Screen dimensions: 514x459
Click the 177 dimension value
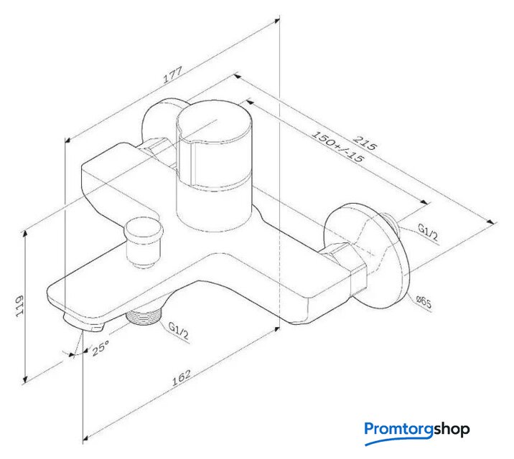[x=172, y=75]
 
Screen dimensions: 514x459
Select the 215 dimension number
[x=365, y=143]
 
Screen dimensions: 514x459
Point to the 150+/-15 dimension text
[x=337, y=147]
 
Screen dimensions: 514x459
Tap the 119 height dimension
[x=20, y=307]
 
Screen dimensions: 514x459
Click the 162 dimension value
[x=182, y=378]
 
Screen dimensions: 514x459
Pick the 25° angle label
[x=101, y=348]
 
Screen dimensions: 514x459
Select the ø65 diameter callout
[x=424, y=302]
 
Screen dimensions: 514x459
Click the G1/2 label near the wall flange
[x=427, y=232]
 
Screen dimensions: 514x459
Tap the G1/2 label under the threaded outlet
[x=178, y=331]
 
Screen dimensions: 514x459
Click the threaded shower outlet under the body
[x=144, y=316]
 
